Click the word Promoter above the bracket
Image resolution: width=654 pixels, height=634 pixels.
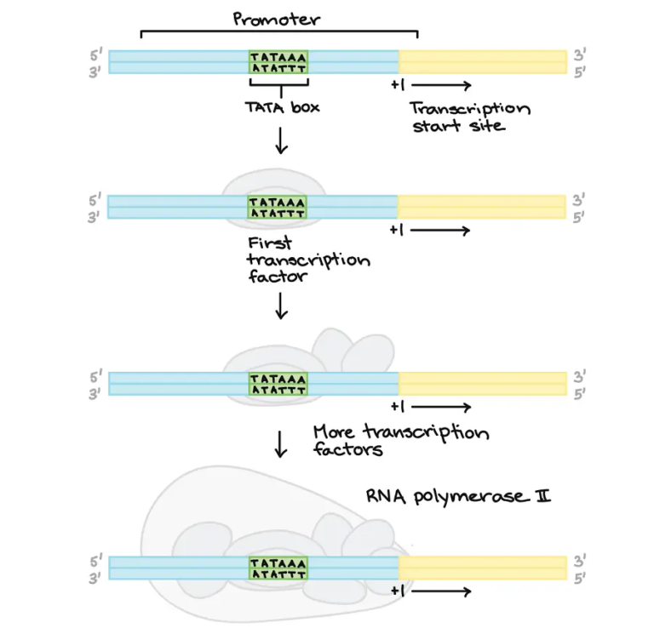click(277, 18)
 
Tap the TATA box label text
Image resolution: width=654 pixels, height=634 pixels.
click(278, 108)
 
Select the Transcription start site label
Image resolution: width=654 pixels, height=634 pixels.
click(469, 117)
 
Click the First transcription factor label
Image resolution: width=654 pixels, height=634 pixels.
click(307, 260)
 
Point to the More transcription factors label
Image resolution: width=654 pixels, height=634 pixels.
click(400, 440)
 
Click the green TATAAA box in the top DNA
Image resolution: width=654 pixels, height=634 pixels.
click(278, 61)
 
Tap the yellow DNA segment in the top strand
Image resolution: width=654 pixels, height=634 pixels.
click(482, 61)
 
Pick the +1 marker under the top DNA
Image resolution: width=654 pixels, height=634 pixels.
click(399, 85)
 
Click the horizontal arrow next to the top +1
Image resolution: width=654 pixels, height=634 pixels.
click(442, 85)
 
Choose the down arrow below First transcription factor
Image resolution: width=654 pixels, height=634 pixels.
click(280, 305)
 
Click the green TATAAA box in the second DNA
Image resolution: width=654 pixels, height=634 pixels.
click(278, 207)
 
